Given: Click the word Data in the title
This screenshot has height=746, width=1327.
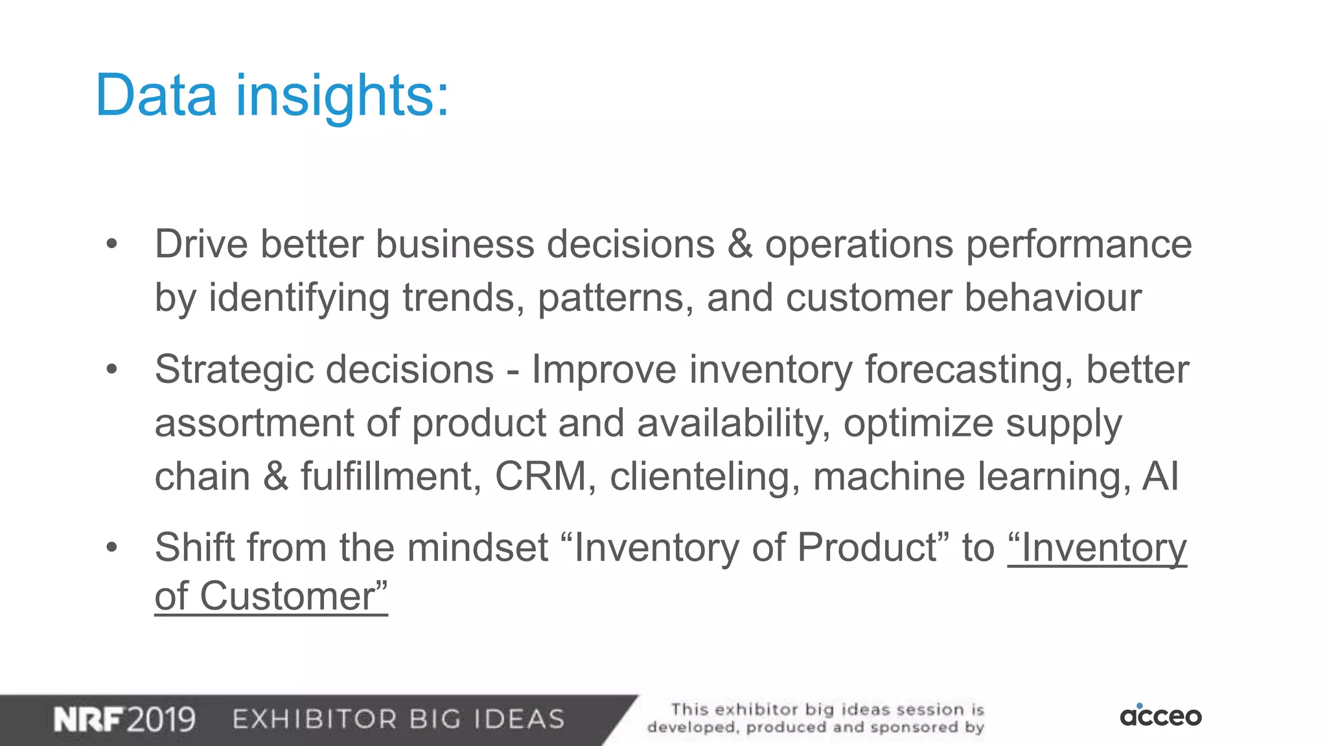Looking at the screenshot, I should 156,96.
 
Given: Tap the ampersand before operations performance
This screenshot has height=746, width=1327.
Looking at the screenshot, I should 740,245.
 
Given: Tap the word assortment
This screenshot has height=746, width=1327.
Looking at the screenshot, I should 254,424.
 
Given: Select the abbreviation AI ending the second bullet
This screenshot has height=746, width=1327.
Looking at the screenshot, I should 1160,477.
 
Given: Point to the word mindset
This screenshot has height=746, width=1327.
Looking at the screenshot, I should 478,548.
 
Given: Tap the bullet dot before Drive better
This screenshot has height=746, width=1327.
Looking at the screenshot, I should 112,245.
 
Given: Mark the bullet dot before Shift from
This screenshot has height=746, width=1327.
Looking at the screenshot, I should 112,548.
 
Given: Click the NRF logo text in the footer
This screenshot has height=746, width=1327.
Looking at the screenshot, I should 89,719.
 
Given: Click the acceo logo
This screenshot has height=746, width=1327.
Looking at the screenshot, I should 1160,716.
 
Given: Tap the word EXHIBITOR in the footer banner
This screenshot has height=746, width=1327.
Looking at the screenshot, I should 314,719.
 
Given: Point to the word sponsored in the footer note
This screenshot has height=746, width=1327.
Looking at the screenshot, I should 914,728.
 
